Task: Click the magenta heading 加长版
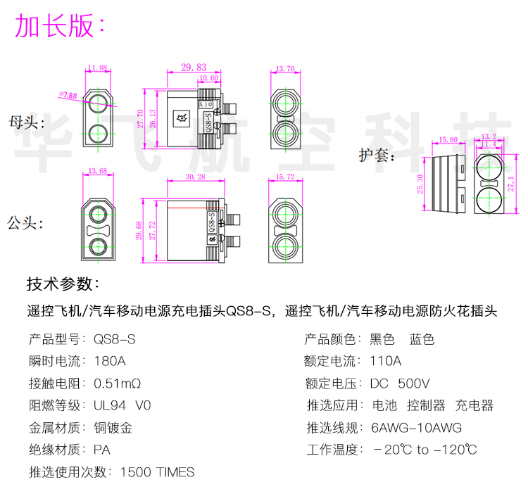(x=61, y=26)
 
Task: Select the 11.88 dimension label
(x=98, y=68)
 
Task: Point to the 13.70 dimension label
(x=285, y=68)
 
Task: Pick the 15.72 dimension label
(x=285, y=176)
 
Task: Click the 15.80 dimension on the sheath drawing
(x=448, y=139)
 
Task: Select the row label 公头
(x=26, y=224)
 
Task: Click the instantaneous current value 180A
(x=110, y=362)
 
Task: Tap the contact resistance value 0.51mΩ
(x=118, y=384)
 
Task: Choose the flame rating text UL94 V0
(x=122, y=406)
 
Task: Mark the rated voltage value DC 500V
(x=400, y=384)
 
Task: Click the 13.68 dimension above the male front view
(x=98, y=171)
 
